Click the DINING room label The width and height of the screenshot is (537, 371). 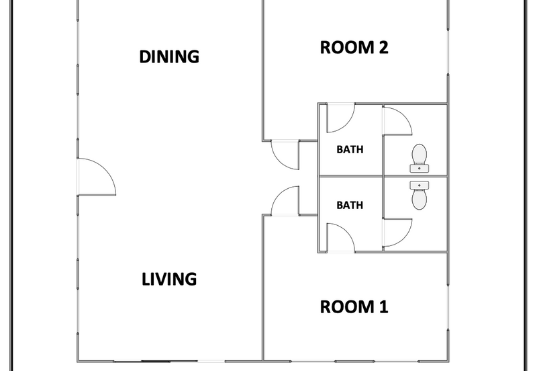pyautogui.click(x=169, y=56)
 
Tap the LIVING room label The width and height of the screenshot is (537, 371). pyautogui.click(x=169, y=279)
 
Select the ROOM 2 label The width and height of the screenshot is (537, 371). pyautogui.click(x=354, y=47)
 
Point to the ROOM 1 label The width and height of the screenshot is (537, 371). pyautogui.click(x=354, y=307)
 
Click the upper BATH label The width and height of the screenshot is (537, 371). pyautogui.click(x=350, y=149)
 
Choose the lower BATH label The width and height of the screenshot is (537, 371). pyautogui.click(x=350, y=205)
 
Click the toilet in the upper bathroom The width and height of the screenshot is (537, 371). pyautogui.click(x=419, y=158)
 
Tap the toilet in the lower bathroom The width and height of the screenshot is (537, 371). pyautogui.click(x=419, y=196)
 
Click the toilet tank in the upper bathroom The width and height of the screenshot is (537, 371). pyautogui.click(x=419, y=168)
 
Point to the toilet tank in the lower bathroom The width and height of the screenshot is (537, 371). pyautogui.click(x=419, y=185)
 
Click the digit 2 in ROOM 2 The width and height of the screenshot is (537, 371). pyautogui.click(x=383, y=47)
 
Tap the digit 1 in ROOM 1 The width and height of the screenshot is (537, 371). pyautogui.click(x=383, y=307)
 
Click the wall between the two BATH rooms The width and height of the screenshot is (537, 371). pyautogui.click(x=350, y=176)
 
